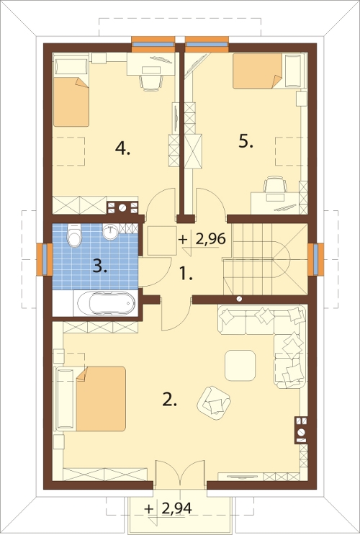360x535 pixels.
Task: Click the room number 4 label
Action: click(122, 148)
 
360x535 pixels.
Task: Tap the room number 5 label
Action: click(246, 141)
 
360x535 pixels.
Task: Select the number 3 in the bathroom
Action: click(99, 266)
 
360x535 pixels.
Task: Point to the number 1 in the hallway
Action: click(186, 274)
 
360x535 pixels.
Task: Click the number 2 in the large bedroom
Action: click(170, 400)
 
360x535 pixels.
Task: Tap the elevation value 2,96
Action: click(210, 239)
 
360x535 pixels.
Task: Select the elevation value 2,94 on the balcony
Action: click(176, 508)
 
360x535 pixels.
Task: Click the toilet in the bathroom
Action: click(74, 235)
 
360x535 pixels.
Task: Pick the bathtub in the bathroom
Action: click(107, 303)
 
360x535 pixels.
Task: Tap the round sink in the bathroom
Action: click(110, 232)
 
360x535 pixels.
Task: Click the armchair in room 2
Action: click(214, 403)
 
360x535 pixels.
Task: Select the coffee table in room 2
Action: click(240, 365)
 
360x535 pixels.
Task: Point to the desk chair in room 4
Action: click(150, 83)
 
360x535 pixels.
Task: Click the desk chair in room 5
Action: click(275, 184)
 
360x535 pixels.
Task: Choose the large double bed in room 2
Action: click(91, 398)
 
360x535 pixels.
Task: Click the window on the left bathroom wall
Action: click(45, 259)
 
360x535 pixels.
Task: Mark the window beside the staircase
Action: click(315, 259)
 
